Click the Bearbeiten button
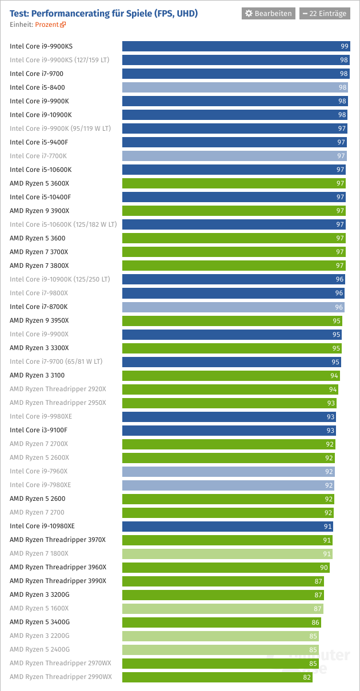click(x=269, y=13)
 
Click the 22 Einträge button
click(x=324, y=13)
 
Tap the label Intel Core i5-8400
click(x=37, y=87)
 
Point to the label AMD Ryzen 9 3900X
click(x=39, y=211)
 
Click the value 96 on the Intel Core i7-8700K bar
click(x=339, y=307)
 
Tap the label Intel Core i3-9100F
click(x=38, y=430)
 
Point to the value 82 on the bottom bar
click(x=307, y=677)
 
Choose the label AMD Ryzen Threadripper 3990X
click(x=58, y=581)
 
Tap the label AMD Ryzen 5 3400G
click(x=39, y=622)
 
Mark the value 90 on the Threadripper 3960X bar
click(x=323, y=567)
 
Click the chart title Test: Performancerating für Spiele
click(x=103, y=13)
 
